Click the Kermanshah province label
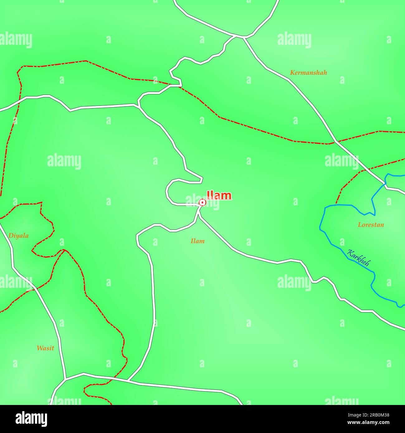(308, 73)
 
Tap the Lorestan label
(371, 225)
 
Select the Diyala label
(18, 236)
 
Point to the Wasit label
(45, 348)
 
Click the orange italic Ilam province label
(198, 241)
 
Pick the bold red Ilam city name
(219, 196)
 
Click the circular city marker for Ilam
(202, 202)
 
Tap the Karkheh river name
(358, 258)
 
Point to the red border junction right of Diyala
(64, 250)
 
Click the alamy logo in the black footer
(31, 419)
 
